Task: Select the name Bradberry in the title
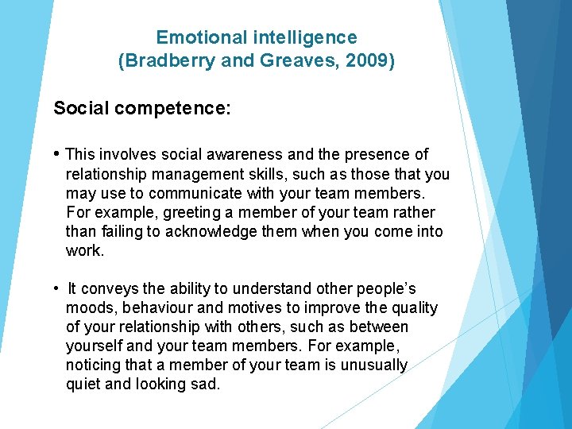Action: [168, 62]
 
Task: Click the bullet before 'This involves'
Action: [57, 153]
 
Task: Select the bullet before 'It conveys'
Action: [57, 288]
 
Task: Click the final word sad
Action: [204, 385]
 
